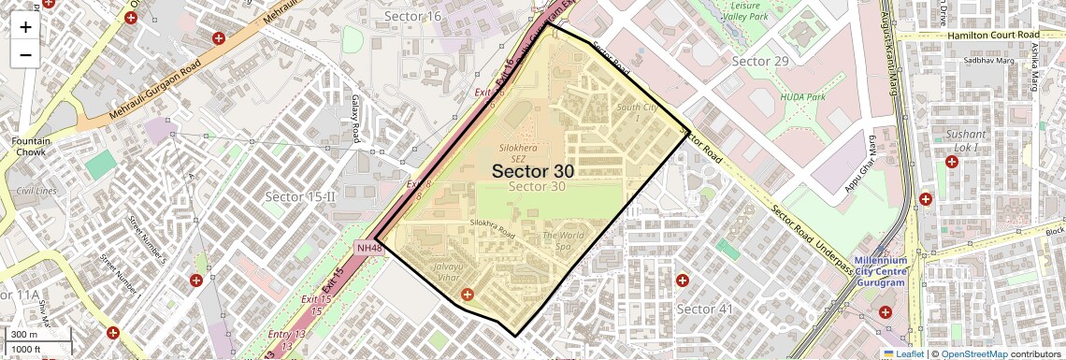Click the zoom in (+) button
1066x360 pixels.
click(25, 27)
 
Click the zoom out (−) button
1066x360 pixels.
click(25, 54)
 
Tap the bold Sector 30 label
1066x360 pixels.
click(532, 171)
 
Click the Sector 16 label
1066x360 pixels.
click(412, 16)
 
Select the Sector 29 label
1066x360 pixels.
click(760, 61)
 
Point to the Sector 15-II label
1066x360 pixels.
click(300, 196)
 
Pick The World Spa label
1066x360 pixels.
click(563, 241)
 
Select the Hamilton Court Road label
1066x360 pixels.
click(973, 34)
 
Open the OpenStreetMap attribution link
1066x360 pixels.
click(973, 354)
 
